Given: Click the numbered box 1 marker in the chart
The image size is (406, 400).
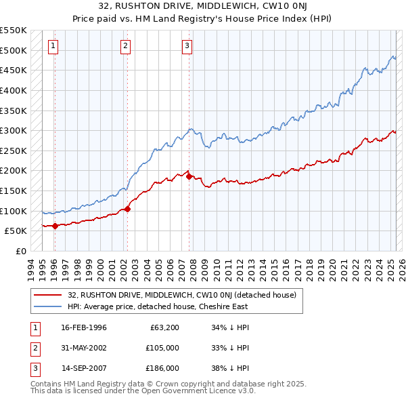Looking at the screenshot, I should pyautogui.click(x=53, y=46).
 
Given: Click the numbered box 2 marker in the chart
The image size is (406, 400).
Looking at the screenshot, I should pyautogui.click(x=126, y=46).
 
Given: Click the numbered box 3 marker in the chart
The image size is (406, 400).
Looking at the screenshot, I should pyautogui.click(x=187, y=46).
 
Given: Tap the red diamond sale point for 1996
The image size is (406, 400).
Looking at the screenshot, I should pyautogui.click(x=55, y=226).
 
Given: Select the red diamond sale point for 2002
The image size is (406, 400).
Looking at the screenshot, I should pyautogui.click(x=127, y=209).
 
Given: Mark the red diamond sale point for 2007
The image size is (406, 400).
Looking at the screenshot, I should pyautogui.click(x=189, y=176).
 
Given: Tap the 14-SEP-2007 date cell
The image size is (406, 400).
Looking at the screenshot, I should pyautogui.click(x=84, y=368).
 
